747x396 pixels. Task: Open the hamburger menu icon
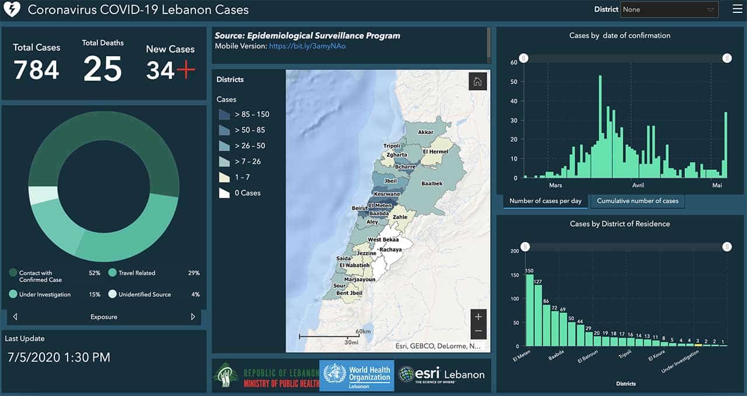[737, 9]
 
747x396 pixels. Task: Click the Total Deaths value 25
[102, 69]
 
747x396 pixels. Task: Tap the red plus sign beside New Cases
[186, 71]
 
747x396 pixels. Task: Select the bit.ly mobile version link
[307, 46]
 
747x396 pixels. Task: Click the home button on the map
[477, 82]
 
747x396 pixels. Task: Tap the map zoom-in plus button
[478, 317]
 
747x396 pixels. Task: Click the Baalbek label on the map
[432, 183]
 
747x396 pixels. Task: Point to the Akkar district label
[425, 132]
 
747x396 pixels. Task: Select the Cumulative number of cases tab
[637, 201]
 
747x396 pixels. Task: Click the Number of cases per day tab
[545, 201]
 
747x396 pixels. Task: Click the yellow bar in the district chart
[698, 345]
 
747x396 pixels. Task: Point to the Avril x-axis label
[638, 185]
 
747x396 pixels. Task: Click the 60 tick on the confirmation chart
[514, 62]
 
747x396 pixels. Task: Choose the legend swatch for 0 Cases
[224, 193]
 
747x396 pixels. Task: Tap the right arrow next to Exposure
[193, 317]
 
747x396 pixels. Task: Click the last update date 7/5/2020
[59, 357]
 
